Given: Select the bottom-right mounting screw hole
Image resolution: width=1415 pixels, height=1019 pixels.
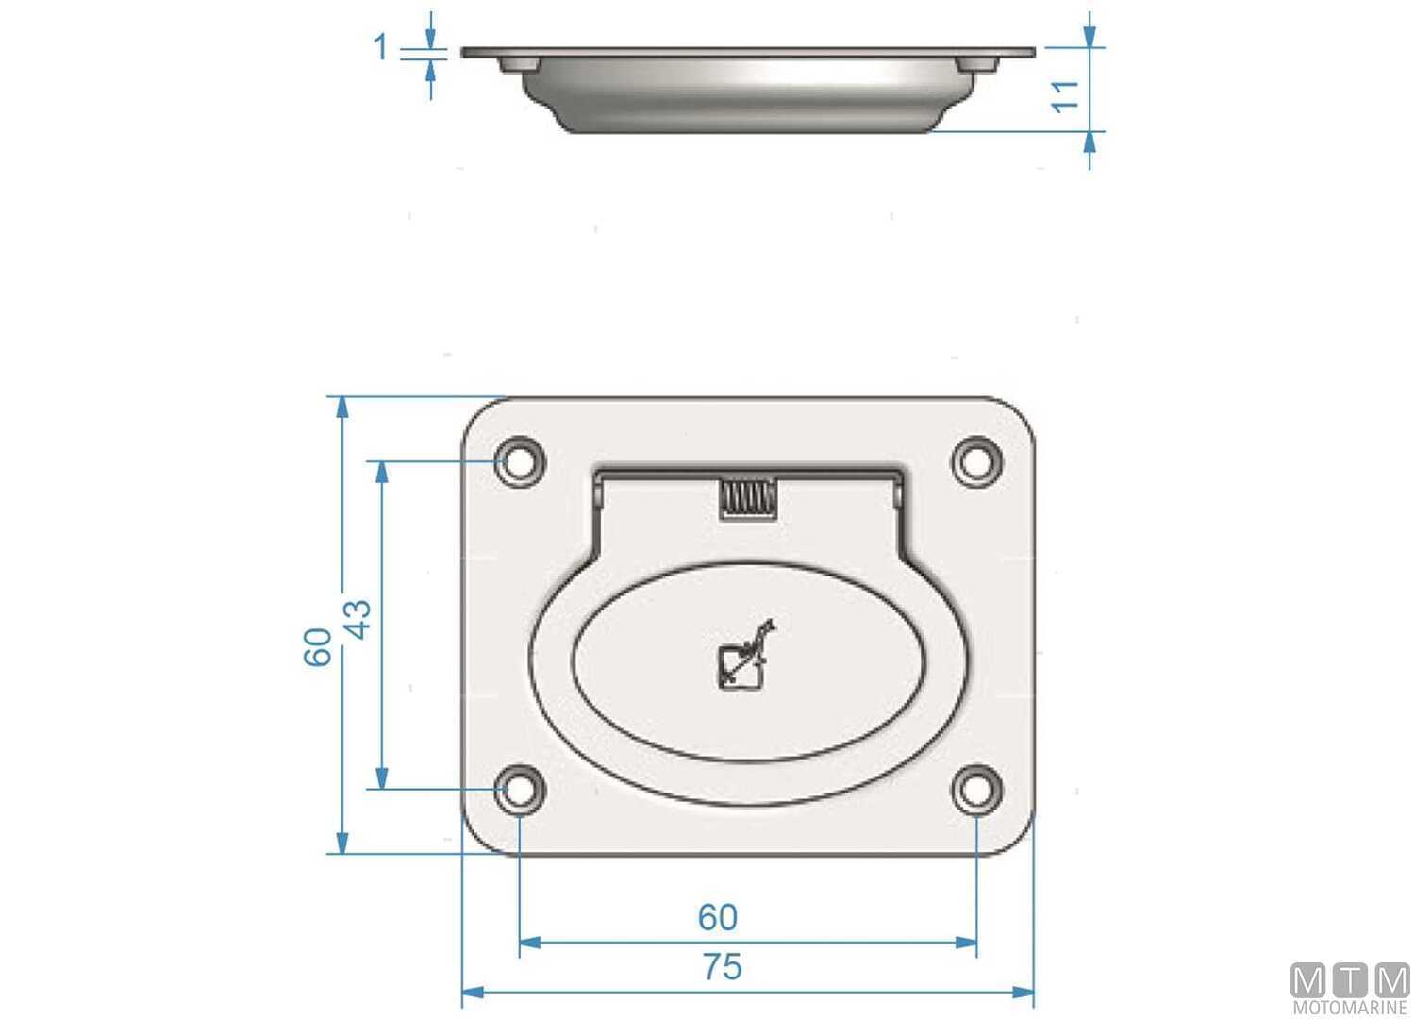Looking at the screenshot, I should pyautogui.click(x=976, y=789).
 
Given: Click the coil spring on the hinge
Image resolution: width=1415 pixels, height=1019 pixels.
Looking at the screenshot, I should pyautogui.click(x=748, y=498).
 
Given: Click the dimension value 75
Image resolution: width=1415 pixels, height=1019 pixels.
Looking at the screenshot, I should pyautogui.click(x=722, y=967).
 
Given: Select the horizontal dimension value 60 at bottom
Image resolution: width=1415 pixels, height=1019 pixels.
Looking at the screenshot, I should pyautogui.click(x=718, y=917).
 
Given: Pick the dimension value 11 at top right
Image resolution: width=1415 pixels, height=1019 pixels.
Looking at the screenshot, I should pyautogui.click(x=1067, y=95).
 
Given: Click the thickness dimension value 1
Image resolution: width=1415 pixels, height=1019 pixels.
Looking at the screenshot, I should pyautogui.click(x=381, y=46).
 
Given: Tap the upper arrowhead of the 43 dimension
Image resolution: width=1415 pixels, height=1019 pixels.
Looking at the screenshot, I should pyautogui.click(x=382, y=472).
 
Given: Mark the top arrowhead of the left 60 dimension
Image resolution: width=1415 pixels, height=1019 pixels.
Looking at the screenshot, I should pyautogui.click(x=342, y=407).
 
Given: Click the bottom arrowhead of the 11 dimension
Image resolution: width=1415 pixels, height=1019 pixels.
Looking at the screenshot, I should pyautogui.click(x=1090, y=142).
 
